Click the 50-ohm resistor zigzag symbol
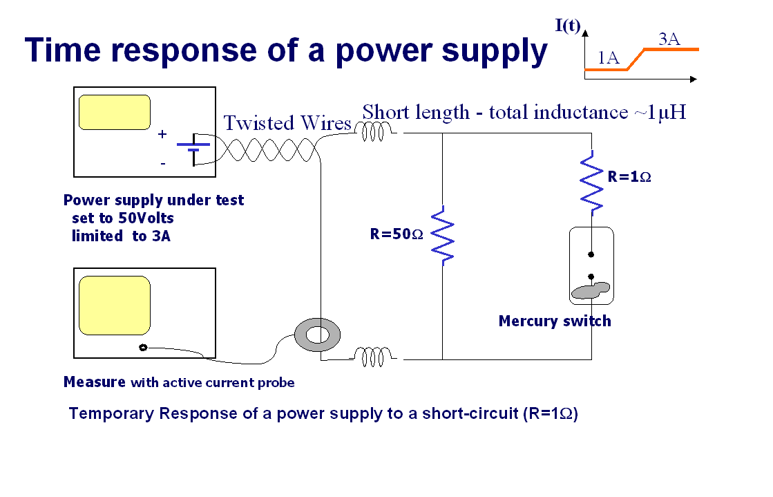(x=442, y=235)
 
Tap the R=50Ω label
(x=397, y=234)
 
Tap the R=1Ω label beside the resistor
(x=629, y=176)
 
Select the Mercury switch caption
(x=555, y=321)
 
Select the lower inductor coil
(x=374, y=357)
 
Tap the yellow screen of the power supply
(x=115, y=112)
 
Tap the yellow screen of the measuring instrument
(x=115, y=306)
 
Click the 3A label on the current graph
(x=669, y=39)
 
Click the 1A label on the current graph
(x=608, y=58)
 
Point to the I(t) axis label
(x=568, y=26)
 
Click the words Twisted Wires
(x=287, y=123)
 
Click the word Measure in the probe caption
(x=94, y=382)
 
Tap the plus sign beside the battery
(x=162, y=134)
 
